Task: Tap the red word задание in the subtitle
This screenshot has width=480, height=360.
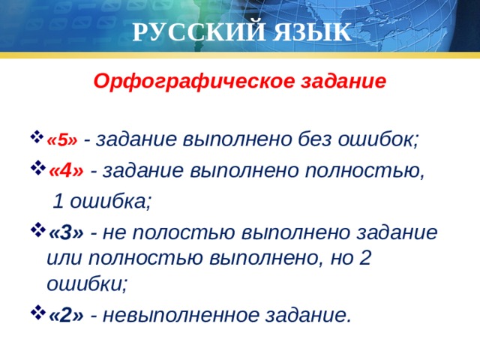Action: click(x=341, y=81)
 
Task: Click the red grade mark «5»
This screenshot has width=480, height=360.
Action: click(x=62, y=139)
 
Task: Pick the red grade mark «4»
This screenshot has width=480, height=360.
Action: click(x=66, y=171)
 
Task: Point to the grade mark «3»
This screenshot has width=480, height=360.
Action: click(x=66, y=232)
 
